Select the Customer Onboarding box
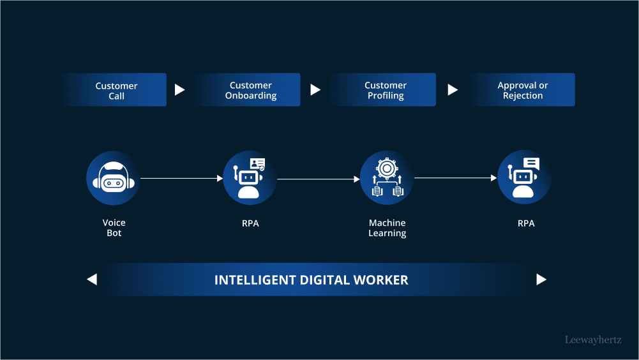pos(250,90)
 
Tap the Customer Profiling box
pos(385,90)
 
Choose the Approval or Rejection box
pos(522,90)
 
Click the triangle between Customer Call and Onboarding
pos(179,90)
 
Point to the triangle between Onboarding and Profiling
pos(315,90)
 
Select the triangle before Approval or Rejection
pos(453,90)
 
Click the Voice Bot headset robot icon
pos(113,178)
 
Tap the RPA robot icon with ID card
pos(250,178)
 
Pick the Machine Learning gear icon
pos(387,178)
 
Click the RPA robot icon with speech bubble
pos(525,178)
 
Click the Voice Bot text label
pos(114,228)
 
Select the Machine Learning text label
pos(387,228)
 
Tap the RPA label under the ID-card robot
pos(250,223)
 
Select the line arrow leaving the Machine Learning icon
pos(455,178)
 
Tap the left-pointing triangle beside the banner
pos(92,279)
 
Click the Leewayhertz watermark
pos(593,340)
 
